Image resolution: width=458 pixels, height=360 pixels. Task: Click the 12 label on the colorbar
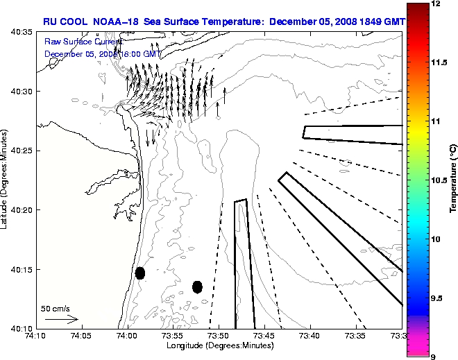pos(436,4)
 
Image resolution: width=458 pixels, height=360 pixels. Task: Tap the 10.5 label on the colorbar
pos(439,180)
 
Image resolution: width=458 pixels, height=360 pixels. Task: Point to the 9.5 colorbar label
pos(437,298)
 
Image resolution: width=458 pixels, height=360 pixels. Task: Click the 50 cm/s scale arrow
pos(62,320)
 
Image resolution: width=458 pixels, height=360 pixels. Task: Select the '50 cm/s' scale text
pos(56,309)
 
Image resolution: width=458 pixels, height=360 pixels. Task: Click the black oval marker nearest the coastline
pos(140,273)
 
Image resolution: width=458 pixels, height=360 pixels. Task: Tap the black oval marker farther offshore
pos(197,286)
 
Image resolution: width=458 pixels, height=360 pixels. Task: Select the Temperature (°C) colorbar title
pos(452,179)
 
